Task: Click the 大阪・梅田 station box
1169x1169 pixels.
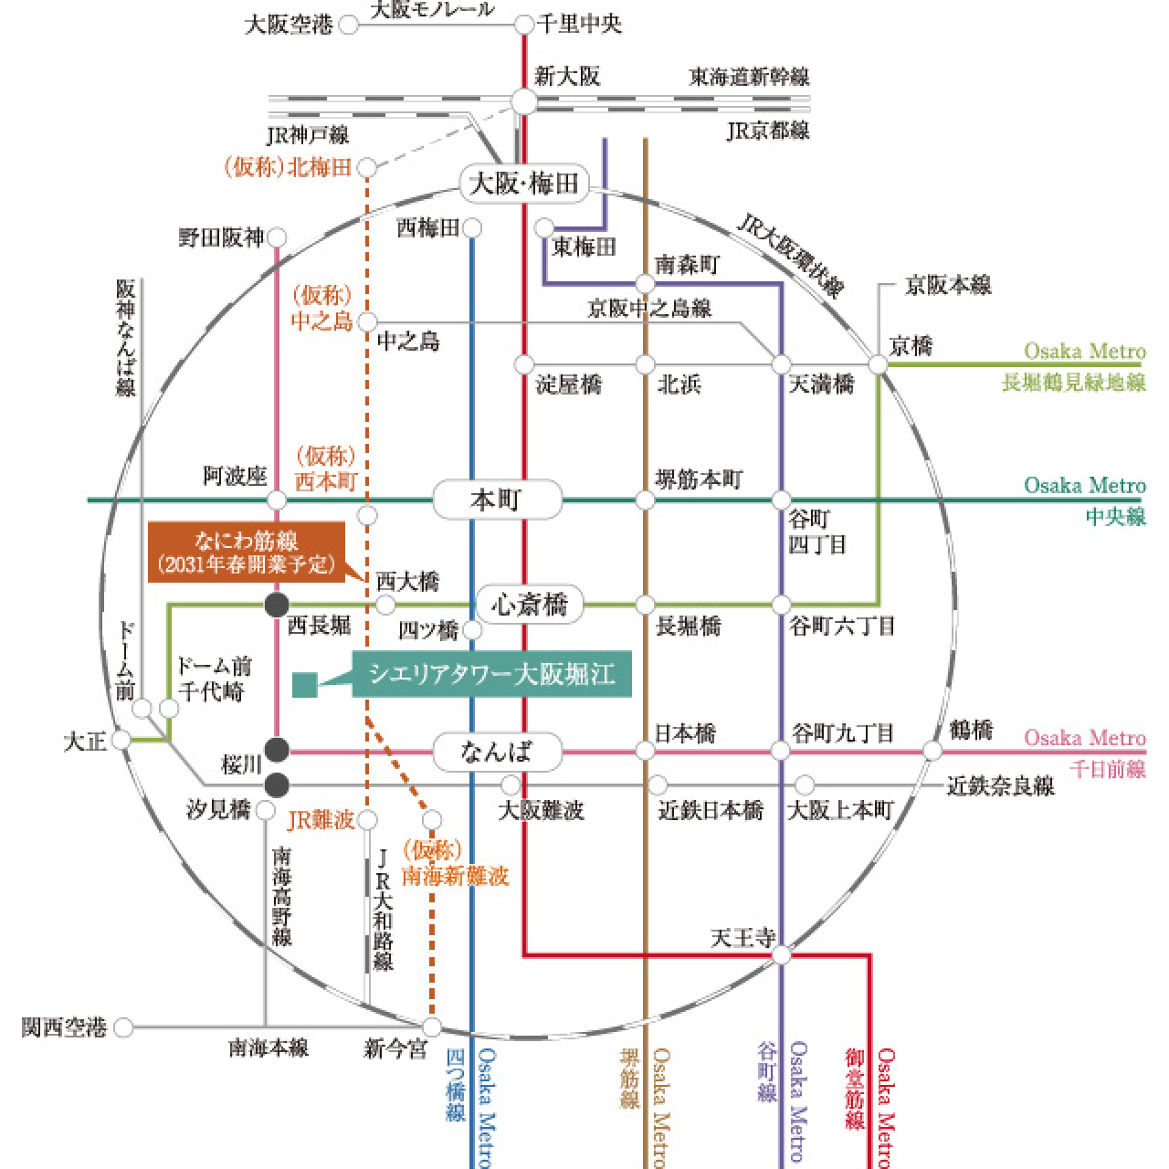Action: click(x=524, y=183)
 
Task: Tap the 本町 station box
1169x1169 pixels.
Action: click(x=497, y=500)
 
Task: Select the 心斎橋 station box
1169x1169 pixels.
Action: click(x=530, y=605)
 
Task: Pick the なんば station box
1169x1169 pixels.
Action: click(x=497, y=752)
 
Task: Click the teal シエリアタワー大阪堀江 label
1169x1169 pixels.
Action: click(x=492, y=674)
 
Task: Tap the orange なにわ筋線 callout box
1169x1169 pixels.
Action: click(x=247, y=552)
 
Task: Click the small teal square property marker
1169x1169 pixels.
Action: click(x=304, y=685)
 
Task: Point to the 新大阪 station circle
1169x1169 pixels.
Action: click(x=524, y=101)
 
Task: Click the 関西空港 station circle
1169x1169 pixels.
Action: click(x=124, y=1027)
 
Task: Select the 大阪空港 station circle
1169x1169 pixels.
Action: click(x=348, y=25)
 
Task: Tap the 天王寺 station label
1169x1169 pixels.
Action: click(x=742, y=938)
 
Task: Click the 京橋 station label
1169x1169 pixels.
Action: click(x=911, y=346)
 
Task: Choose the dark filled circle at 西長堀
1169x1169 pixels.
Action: click(x=277, y=605)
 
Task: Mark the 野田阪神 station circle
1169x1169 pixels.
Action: click(x=277, y=237)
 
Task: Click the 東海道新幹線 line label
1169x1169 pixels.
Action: click(x=749, y=77)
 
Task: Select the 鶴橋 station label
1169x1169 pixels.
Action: click(x=971, y=730)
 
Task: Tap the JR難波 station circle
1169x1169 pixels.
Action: click(x=368, y=820)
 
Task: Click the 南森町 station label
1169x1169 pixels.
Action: click(x=688, y=265)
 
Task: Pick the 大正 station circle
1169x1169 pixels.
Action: click(x=121, y=740)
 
